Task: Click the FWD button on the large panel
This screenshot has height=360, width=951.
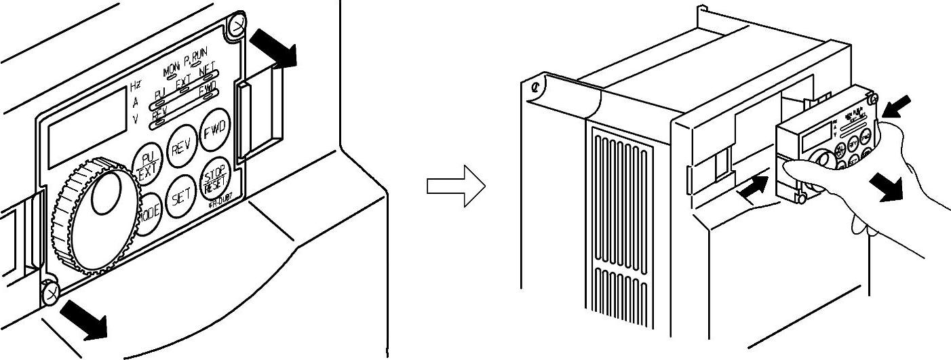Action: [216, 126]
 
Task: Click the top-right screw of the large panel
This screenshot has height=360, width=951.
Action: [237, 25]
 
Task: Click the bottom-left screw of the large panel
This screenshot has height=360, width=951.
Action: [51, 292]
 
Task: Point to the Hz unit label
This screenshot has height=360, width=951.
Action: [136, 87]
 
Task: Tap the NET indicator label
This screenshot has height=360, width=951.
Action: [208, 68]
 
